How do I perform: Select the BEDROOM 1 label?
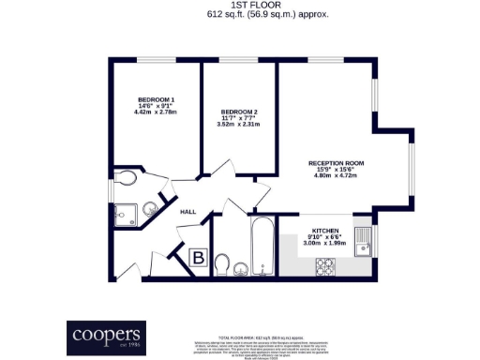(x=156, y=99)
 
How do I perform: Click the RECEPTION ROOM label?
(x=336, y=163)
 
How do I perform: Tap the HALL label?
(x=161, y=213)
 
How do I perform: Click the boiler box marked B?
(x=199, y=256)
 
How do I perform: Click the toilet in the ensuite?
(x=125, y=177)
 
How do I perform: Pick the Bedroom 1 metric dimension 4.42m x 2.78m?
(x=156, y=113)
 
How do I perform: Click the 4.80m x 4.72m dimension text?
(x=336, y=177)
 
